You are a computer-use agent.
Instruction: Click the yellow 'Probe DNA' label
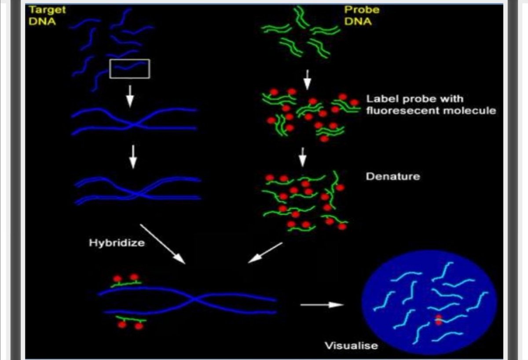(361, 15)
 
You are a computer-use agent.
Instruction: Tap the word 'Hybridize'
(117, 242)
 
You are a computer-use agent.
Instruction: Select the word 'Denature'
(392, 176)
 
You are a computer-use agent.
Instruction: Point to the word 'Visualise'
(351, 345)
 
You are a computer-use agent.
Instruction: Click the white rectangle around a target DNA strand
(130, 69)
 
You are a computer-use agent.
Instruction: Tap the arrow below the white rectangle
(130, 96)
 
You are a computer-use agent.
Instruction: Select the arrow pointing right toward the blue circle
(321, 305)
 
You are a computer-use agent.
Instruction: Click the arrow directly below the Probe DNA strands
(308, 79)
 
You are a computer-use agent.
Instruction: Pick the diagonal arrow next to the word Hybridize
(162, 244)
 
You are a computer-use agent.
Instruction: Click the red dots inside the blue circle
(438, 320)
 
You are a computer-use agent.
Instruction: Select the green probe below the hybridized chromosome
(130, 319)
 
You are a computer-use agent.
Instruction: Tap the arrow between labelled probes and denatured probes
(302, 157)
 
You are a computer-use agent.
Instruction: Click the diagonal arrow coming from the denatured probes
(265, 253)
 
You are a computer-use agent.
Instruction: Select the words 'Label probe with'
(414, 99)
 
